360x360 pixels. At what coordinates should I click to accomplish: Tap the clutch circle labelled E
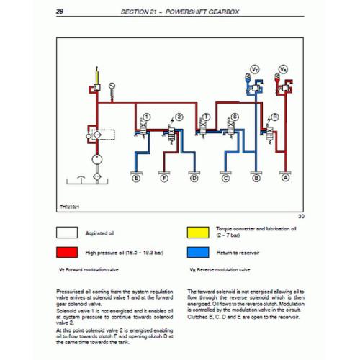click(x=136, y=176)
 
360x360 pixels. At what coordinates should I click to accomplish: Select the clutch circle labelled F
click(x=164, y=176)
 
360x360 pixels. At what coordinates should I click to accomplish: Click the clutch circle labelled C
click(x=226, y=176)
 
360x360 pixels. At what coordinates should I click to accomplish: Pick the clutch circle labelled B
click(x=257, y=176)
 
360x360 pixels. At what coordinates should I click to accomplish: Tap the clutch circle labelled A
click(x=286, y=176)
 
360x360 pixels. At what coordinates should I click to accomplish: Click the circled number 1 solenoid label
click(x=146, y=116)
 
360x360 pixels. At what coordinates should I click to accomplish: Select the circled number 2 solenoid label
click(x=176, y=116)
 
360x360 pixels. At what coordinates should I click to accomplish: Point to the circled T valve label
click(x=207, y=116)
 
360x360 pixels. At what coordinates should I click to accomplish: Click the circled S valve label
click(x=235, y=116)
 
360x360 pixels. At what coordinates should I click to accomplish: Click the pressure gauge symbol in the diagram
click(x=113, y=88)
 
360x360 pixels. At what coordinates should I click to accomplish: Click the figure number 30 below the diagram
click(x=301, y=216)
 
